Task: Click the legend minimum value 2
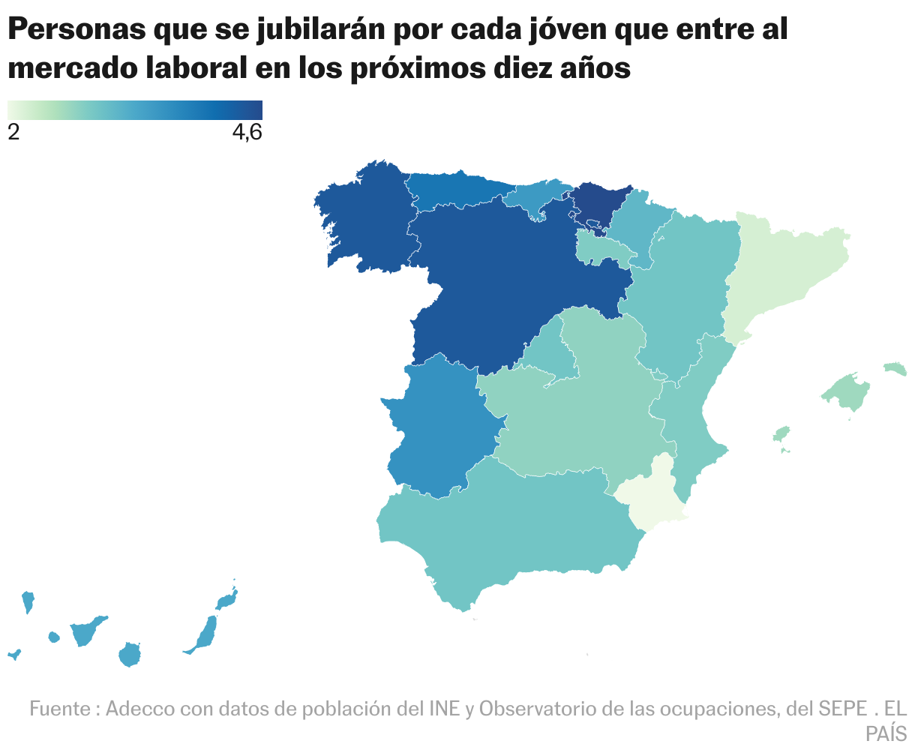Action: [13, 132]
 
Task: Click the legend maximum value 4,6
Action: [247, 132]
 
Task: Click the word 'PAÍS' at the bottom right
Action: [886, 733]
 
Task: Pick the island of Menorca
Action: [895, 368]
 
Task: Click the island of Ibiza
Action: [781, 434]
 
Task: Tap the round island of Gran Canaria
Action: [130, 655]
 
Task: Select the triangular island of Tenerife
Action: [85, 632]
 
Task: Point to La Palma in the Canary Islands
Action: [28, 601]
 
